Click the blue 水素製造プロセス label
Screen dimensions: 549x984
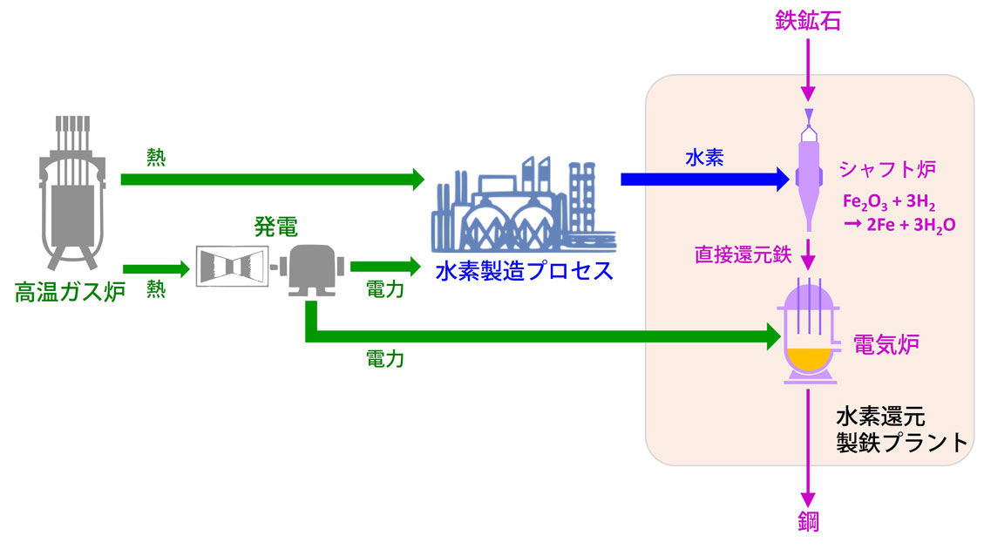pos(524,270)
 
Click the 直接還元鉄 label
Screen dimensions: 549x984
pos(742,255)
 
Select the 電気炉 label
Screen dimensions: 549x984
pos(886,344)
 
